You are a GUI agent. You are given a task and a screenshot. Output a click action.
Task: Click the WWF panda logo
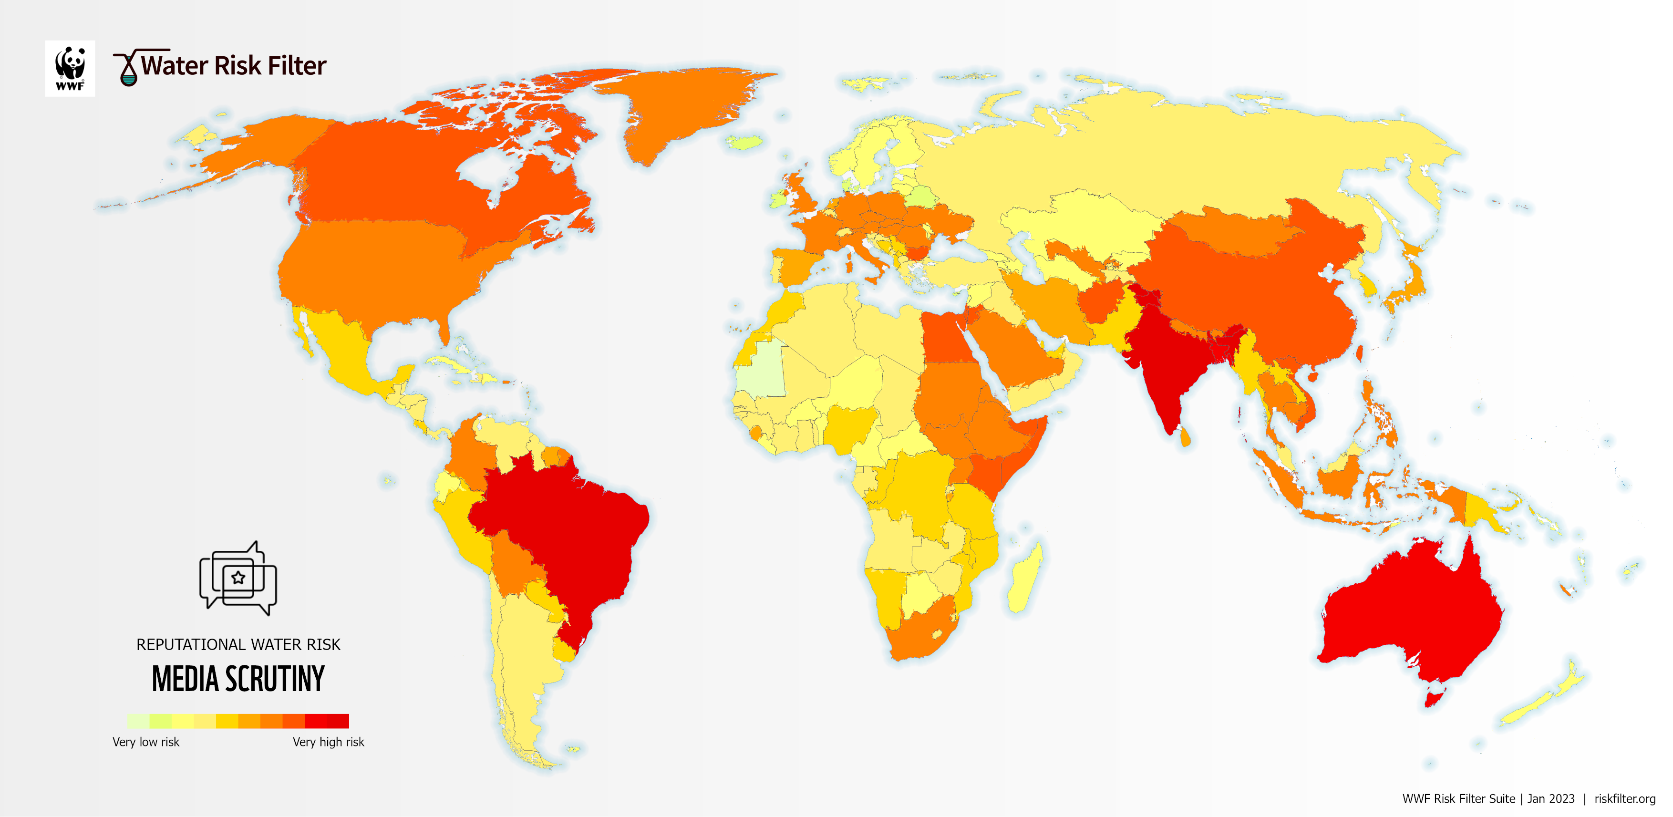tap(70, 68)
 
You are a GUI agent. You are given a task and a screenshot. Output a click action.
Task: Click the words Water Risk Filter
tap(233, 66)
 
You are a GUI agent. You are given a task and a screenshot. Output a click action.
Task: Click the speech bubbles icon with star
tap(238, 578)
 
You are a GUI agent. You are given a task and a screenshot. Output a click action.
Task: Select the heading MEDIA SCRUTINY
tap(238, 679)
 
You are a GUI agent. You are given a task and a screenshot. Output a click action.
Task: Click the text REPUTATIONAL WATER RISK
tap(238, 644)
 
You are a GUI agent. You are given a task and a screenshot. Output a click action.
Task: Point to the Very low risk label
tap(145, 742)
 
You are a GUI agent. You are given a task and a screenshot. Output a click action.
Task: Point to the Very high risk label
tap(328, 742)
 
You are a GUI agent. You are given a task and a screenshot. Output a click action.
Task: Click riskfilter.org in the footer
tap(1624, 798)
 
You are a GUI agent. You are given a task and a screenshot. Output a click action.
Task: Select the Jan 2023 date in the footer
tap(1550, 798)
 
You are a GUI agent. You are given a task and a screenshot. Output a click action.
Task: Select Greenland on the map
tap(682, 110)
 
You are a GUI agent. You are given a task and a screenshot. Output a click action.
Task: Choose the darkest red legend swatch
tap(338, 721)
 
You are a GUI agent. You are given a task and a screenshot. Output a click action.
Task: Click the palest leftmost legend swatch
tap(138, 721)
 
